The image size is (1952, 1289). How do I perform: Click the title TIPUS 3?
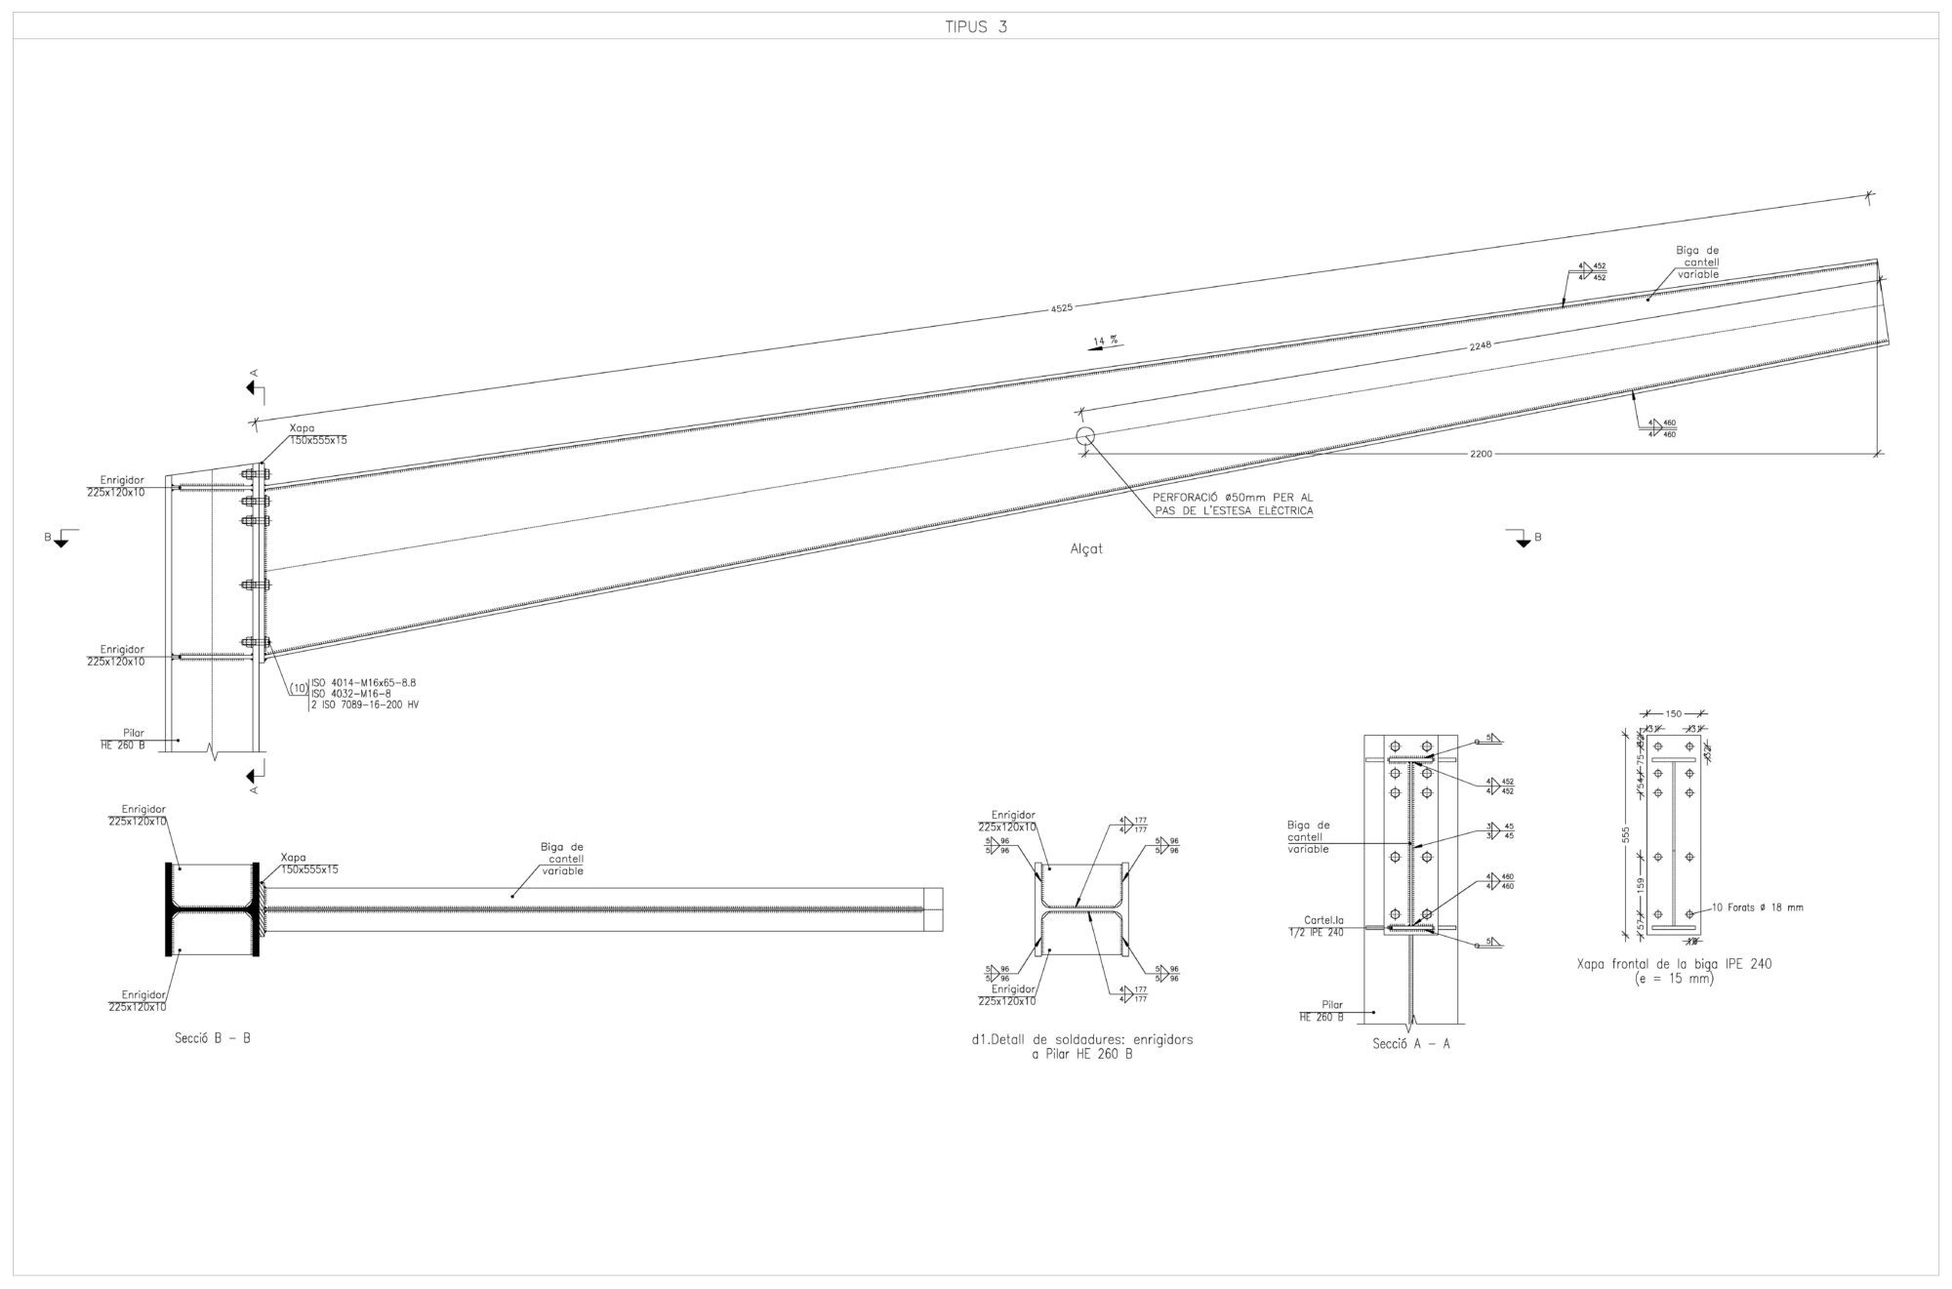pos(975,27)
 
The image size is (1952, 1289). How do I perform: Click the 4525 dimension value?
pos(1061,307)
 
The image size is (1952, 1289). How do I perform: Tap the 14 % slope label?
pos(1104,341)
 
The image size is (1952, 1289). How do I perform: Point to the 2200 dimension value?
pos(1481,454)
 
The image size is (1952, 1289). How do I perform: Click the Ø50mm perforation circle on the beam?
pos(1084,436)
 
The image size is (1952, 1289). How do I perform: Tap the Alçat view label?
pos(1086,548)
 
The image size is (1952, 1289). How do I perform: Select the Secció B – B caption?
pos(213,1038)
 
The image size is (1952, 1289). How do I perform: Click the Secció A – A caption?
pos(1410,1043)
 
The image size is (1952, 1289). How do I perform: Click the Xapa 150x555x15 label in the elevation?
pos(317,434)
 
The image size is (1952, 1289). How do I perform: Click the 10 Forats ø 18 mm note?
pos(1757,907)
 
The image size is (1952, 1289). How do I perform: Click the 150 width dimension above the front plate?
pos(1673,714)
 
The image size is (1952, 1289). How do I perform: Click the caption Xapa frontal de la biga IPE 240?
pos(1674,970)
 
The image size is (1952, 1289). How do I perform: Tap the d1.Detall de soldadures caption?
pos(1081,1046)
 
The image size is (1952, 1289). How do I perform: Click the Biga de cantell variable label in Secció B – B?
pos(561,859)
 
